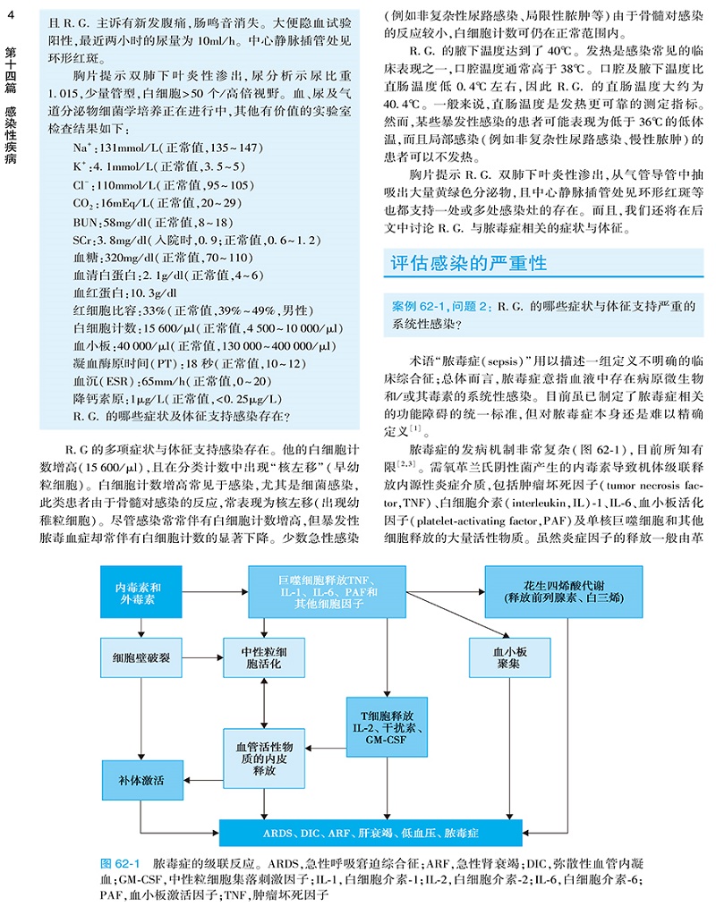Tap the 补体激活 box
point(141,779)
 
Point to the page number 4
point(10,10)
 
